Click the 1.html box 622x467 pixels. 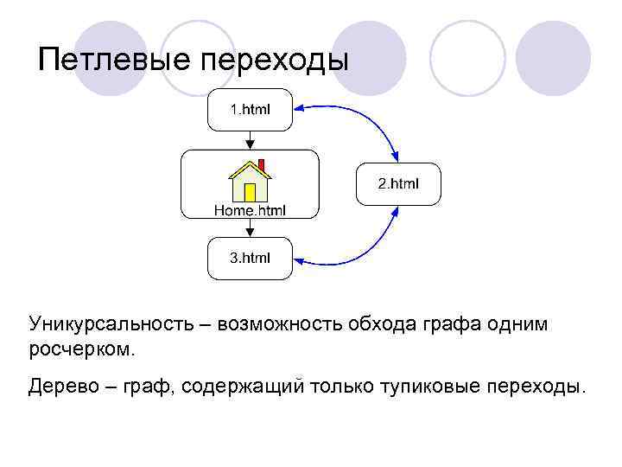coord(250,110)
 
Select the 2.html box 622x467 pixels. coord(398,183)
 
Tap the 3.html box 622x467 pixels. coord(250,258)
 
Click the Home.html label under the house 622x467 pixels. coord(250,209)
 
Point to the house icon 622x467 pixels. coord(250,181)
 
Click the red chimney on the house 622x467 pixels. coord(261,164)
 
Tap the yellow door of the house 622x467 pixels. coord(250,191)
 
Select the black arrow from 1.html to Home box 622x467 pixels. coord(250,140)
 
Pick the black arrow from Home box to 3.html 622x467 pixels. coord(250,227)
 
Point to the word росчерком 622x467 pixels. coord(82,349)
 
